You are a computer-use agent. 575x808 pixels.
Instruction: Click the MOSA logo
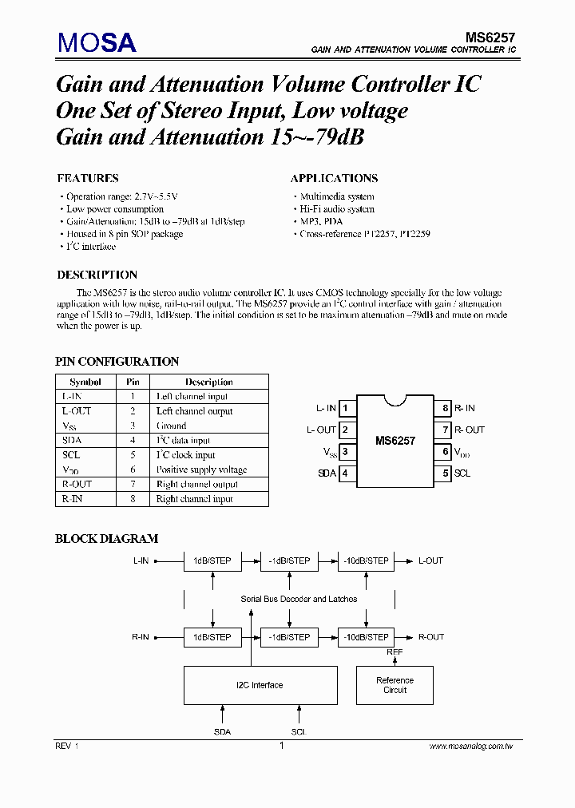[x=96, y=42]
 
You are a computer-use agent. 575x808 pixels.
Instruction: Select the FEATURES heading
[x=88, y=178]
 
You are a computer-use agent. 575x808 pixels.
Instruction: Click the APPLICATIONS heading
[x=334, y=178]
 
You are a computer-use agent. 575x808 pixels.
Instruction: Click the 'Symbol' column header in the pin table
[x=85, y=382]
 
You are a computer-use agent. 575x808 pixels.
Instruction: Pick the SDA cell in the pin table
[x=72, y=440]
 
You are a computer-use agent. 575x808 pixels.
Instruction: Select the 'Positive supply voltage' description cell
[x=201, y=469]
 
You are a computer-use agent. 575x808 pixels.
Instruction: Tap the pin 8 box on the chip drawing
[x=445, y=409]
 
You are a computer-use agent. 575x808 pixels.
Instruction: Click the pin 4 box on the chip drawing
[x=346, y=473]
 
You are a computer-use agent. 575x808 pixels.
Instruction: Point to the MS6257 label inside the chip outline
[x=395, y=440]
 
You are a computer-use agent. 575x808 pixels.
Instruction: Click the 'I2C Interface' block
[x=259, y=685]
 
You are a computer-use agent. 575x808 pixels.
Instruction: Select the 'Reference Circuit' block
[x=395, y=685]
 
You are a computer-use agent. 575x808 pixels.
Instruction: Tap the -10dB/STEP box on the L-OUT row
[x=367, y=560]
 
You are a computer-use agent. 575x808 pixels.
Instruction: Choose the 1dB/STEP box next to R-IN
[x=212, y=637]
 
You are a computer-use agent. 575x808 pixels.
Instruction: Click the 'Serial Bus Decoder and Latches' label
[x=299, y=599]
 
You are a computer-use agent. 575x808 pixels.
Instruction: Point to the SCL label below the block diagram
[x=298, y=731]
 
